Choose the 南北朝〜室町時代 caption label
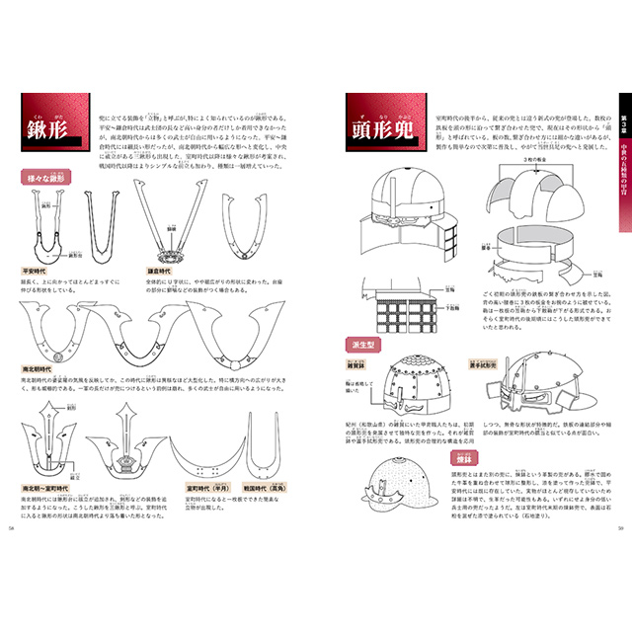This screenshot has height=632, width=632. tap(51, 487)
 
